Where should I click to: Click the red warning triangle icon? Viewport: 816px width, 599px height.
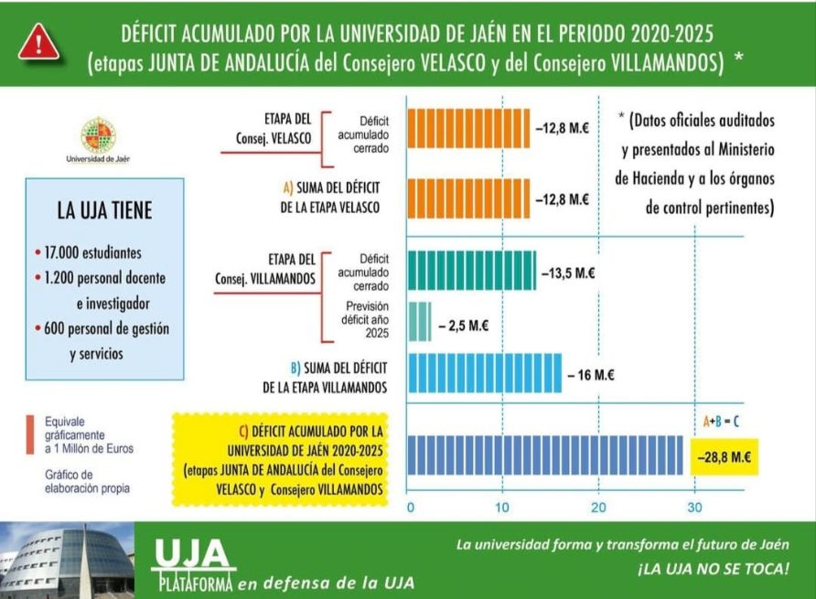tap(38, 41)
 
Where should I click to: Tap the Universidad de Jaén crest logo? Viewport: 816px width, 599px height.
tap(98, 136)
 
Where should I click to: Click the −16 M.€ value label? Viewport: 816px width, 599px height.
tap(590, 375)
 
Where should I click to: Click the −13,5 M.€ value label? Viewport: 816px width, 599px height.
tap(565, 273)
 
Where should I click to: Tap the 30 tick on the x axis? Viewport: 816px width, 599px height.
tap(695, 508)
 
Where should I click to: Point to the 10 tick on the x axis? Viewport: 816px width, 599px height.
tap(502, 508)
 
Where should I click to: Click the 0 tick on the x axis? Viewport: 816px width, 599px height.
tap(410, 508)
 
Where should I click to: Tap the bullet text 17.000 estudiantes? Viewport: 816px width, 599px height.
tap(90, 251)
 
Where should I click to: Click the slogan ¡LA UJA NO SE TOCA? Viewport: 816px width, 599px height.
tap(712, 569)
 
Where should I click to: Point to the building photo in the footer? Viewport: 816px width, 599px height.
tap(66, 561)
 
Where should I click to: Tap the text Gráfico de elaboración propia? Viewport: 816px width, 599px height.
tap(88, 481)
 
